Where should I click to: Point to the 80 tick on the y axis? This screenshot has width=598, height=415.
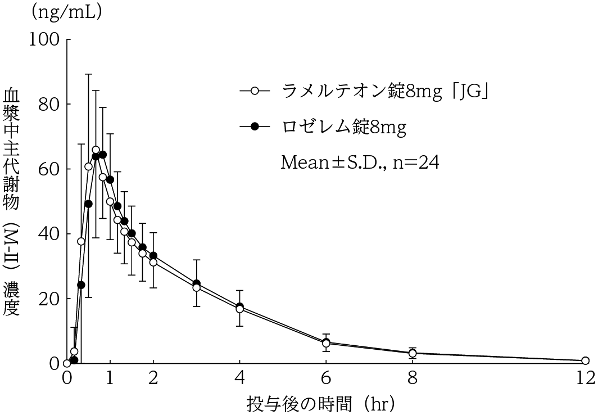click(50, 105)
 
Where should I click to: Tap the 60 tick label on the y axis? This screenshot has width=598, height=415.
click(50, 169)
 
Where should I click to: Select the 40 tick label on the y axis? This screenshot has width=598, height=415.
click(50, 234)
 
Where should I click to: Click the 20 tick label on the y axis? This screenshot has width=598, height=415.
click(50, 299)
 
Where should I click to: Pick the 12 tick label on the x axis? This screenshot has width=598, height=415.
click(585, 378)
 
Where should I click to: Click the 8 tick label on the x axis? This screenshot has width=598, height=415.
click(413, 378)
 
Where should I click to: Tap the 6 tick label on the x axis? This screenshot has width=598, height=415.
click(326, 378)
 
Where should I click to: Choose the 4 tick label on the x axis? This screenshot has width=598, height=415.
click(240, 378)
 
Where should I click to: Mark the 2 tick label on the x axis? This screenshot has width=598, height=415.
click(153, 378)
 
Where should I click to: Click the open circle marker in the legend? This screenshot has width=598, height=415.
click(254, 90)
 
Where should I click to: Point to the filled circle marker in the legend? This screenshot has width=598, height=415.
click(254, 127)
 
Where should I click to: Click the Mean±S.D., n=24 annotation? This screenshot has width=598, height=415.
click(360, 163)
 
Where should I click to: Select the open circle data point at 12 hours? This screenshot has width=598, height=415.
click(585, 360)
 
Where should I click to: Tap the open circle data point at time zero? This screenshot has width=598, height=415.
click(67, 363)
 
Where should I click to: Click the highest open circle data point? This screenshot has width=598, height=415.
click(96, 150)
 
